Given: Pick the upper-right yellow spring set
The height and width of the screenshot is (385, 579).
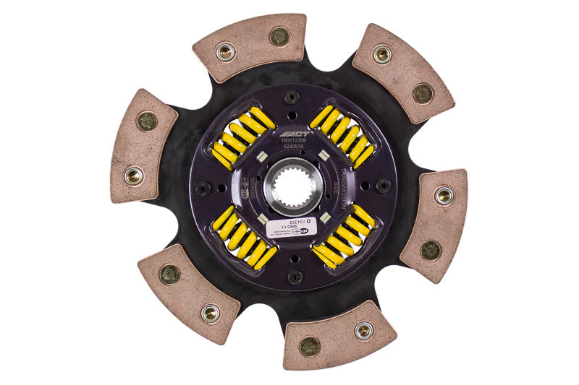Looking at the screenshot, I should click(x=342, y=135).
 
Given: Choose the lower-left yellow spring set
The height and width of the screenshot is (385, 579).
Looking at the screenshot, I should click(x=244, y=238).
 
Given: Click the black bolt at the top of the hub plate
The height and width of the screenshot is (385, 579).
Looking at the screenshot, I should click(x=292, y=97).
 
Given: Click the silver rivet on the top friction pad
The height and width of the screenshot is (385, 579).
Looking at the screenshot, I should click(x=226, y=52).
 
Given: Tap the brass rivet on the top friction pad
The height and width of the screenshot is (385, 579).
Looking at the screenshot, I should click(x=279, y=36).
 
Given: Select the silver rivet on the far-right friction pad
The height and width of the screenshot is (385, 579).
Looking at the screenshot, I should click(x=443, y=194).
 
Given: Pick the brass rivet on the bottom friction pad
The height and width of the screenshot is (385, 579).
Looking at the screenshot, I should click(x=310, y=346).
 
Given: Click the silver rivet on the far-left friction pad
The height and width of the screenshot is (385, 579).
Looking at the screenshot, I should click(x=133, y=175).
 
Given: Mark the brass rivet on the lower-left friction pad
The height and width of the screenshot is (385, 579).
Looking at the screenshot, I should click(x=169, y=274).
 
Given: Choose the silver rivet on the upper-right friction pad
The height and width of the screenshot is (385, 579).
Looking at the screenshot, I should click(x=382, y=53).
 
